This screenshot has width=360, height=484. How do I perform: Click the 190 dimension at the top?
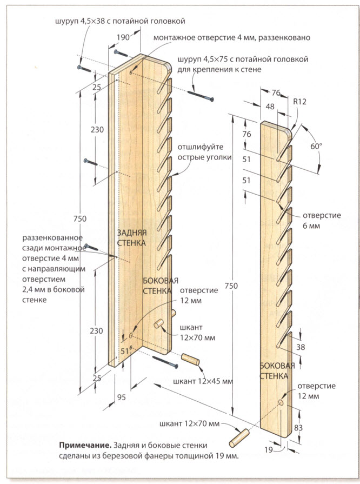(123, 37)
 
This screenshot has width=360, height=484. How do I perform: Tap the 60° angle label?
(316, 147)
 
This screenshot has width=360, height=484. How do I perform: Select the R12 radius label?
(300, 102)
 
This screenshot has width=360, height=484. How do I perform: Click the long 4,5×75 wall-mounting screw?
(201, 95)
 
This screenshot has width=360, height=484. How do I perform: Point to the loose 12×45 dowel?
(190, 360)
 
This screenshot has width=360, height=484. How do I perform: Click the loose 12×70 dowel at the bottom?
(239, 438)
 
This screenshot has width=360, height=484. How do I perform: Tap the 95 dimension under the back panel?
(122, 397)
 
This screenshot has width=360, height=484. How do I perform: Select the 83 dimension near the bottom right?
(298, 428)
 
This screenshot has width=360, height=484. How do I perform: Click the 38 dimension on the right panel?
(301, 347)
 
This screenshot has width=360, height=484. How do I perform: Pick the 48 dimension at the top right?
(270, 107)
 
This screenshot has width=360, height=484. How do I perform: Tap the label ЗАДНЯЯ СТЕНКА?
(131, 238)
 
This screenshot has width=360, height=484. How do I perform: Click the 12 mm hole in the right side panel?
(281, 402)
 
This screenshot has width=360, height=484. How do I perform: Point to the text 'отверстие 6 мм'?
(322, 221)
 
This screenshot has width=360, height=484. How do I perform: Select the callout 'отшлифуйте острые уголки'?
(204, 152)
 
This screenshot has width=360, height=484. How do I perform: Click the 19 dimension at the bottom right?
(269, 450)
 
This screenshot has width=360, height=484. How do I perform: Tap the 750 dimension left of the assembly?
(80, 219)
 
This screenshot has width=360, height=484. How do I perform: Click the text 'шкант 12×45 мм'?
(203, 381)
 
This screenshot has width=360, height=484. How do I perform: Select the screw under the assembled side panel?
(165, 361)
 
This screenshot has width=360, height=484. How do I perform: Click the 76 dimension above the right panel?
(276, 92)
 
